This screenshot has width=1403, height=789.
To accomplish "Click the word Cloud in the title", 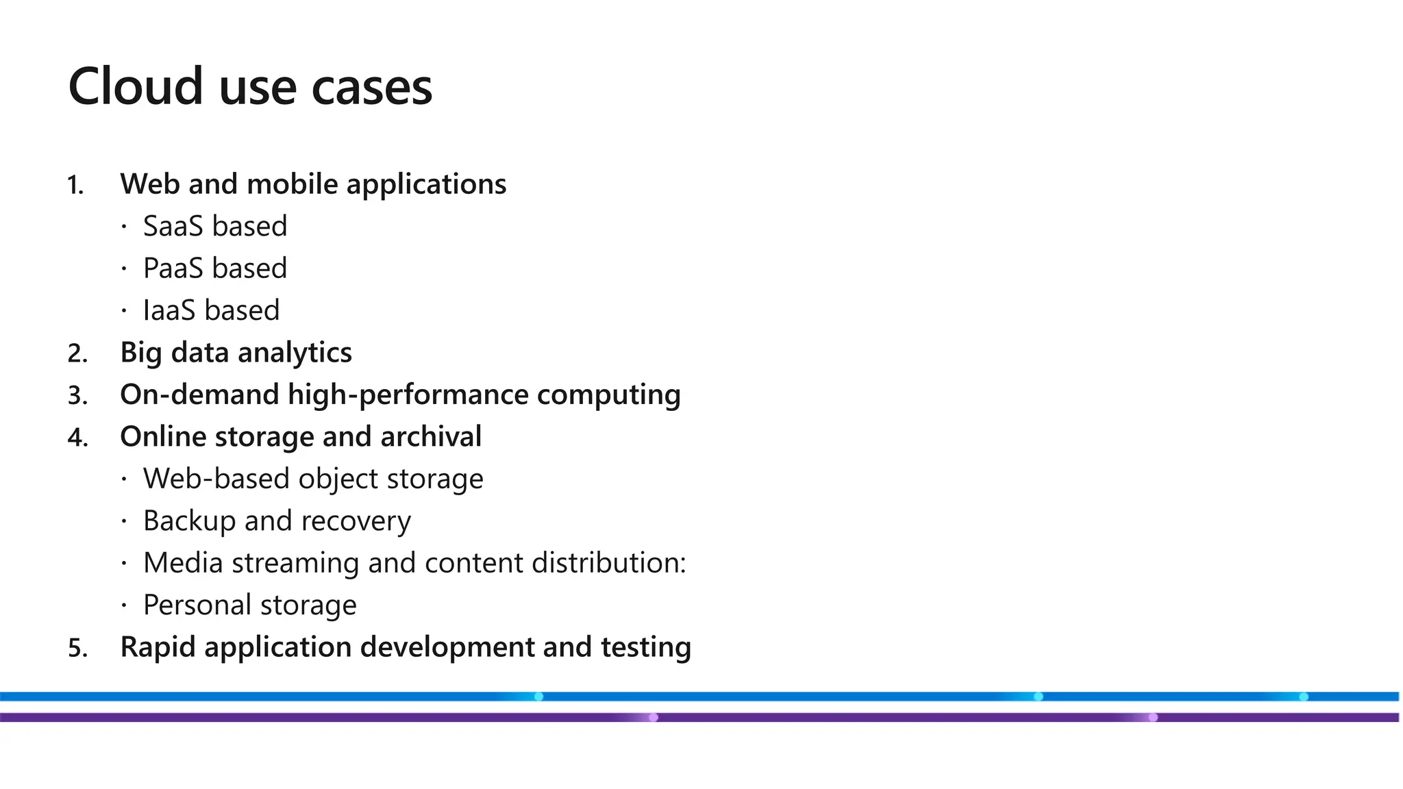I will pyautogui.click(x=136, y=87).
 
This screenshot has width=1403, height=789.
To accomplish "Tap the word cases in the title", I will pyautogui.click(x=371, y=87).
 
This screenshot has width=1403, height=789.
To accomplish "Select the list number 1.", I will pyautogui.click(x=75, y=186).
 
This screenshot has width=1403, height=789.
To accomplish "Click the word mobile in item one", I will pyautogui.click(x=292, y=184).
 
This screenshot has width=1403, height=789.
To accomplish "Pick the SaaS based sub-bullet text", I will pyautogui.click(x=214, y=227).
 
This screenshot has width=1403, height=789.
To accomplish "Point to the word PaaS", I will pyautogui.click(x=173, y=268).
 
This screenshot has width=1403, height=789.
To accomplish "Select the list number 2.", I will pyautogui.click(x=77, y=354).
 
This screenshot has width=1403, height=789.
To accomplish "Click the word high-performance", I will pyautogui.click(x=408, y=395).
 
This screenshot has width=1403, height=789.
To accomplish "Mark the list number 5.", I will pyautogui.click(x=77, y=649).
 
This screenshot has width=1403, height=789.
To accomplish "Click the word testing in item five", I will pyautogui.click(x=645, y=647).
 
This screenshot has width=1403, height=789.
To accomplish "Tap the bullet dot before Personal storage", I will pyautogui.click(x=124, y=605).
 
